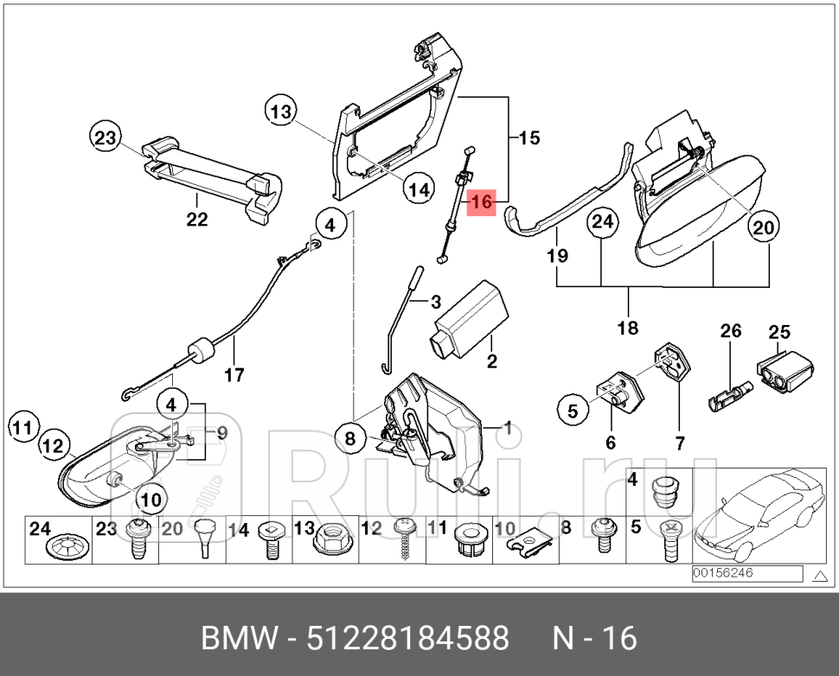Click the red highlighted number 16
tap(480, 202)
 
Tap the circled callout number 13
tap(280, 112)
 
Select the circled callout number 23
tap(105, 137)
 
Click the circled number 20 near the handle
tap(761, 228)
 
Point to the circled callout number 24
tap(602, 223)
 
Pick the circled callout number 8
tap(350, 439)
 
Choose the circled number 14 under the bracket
tap(419, 190)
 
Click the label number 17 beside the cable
tap(234, 375)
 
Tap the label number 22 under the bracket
tap(197, 220)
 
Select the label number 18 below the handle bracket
tap(628, 328)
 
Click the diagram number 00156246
tap(722, 573)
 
